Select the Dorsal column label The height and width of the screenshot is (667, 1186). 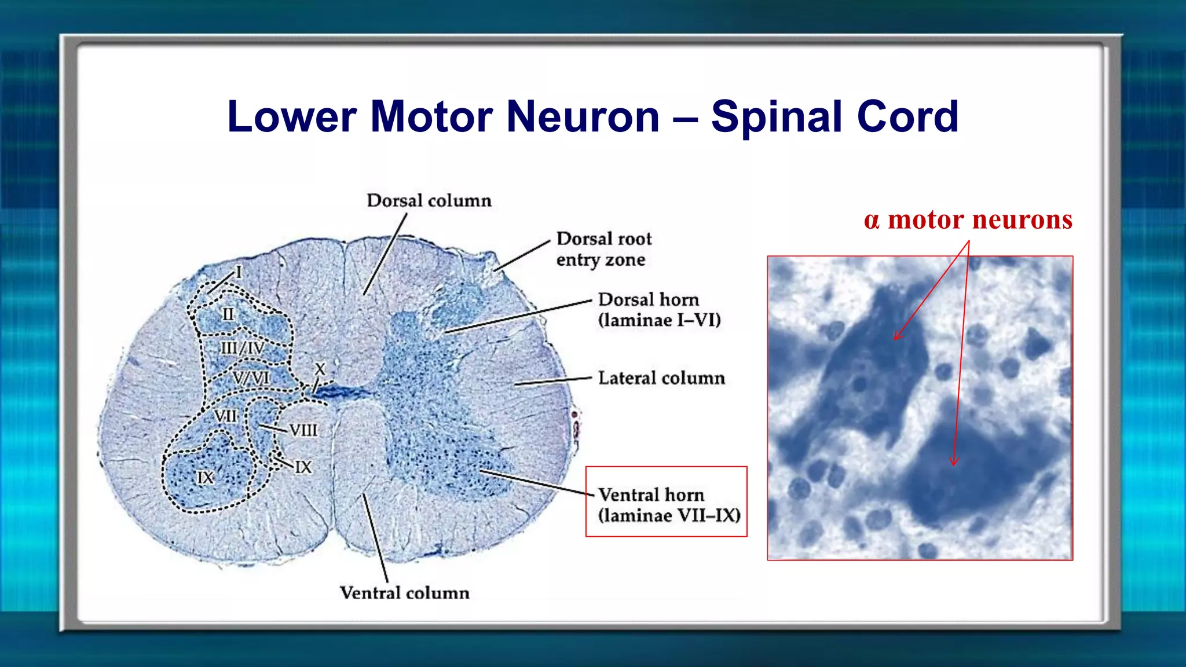click(429, 201)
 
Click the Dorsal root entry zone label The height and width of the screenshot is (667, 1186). click(603, 249)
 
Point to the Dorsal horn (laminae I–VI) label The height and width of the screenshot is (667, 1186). click(659, 310)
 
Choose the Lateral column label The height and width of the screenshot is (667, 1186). click(661, 378)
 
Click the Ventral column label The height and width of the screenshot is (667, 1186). click(404, 593)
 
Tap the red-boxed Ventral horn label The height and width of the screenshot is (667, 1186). click(668, 505)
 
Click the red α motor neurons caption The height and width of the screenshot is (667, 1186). click(968, 220)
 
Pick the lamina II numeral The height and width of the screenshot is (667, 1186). click(228, 314)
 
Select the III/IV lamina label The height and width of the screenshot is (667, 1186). click(243, 349)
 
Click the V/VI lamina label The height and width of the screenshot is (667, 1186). click(251, 378)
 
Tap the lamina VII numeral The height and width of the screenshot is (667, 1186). click(225, 416)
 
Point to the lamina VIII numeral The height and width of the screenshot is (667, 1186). click(303, 430)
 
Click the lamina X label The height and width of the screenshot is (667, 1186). click(320, 369)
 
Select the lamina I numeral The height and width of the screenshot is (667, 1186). click(239, 272)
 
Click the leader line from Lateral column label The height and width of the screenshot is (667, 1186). click(553, 381)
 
